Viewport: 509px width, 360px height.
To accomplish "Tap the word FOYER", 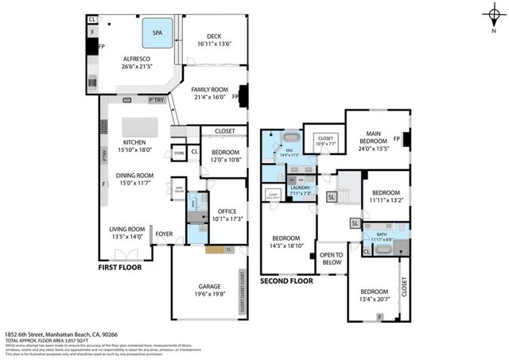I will click(164, 234).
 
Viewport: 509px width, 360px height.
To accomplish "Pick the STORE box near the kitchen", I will click(179, 152).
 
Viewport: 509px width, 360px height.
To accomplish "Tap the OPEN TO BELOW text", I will click(330, 259).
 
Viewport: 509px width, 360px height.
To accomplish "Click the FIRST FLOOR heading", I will click(120, 268).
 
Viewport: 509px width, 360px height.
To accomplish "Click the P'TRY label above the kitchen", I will click(156, 99).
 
